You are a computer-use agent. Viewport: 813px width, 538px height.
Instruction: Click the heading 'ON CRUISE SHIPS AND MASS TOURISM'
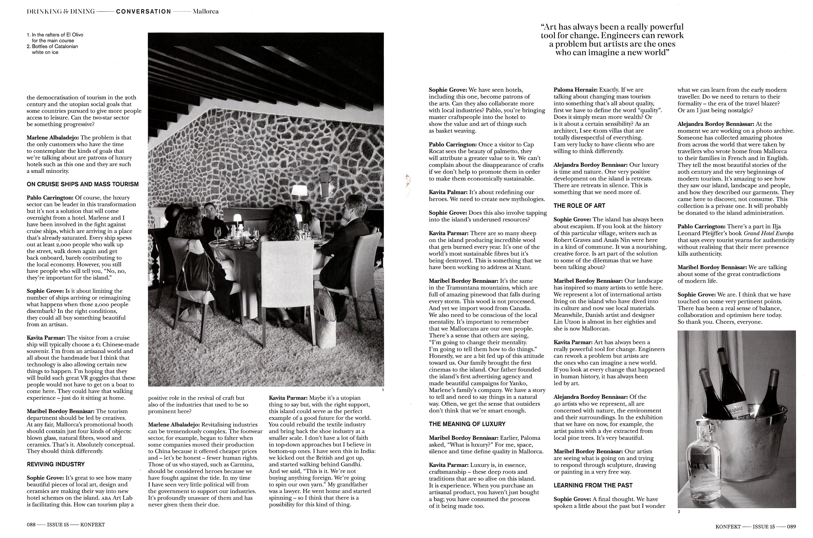(x=82, y=184)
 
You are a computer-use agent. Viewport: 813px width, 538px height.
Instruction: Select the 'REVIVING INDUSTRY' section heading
(x=56, y=464)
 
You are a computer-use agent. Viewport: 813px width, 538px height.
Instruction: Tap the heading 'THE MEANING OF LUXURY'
(x=467, y=424)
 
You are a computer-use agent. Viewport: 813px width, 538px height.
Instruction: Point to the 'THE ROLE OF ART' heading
(x=579, y=205)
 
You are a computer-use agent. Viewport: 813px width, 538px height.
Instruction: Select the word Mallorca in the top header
(x=206, y=11)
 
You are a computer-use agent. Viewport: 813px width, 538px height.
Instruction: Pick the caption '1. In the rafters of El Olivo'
(x=55, y=35)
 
